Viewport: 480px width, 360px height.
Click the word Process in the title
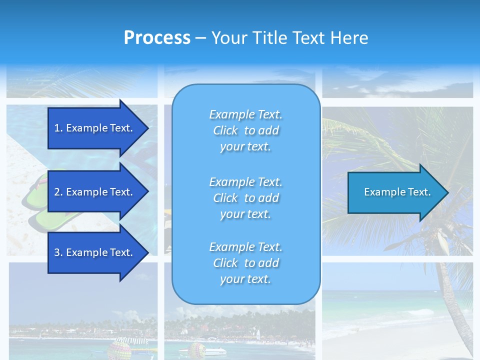point(157,38)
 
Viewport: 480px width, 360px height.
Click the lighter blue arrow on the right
point(395,192)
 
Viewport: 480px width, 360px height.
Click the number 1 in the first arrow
point(57,128)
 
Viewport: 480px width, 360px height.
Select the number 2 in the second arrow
point(57,192)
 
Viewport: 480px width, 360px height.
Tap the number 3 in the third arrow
point(57,252)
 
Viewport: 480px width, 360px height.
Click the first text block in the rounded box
point(245,130)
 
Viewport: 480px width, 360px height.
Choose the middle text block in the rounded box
point(245,198)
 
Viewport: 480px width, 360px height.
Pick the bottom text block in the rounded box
point(245,263)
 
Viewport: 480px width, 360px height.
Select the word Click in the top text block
point(225,130)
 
